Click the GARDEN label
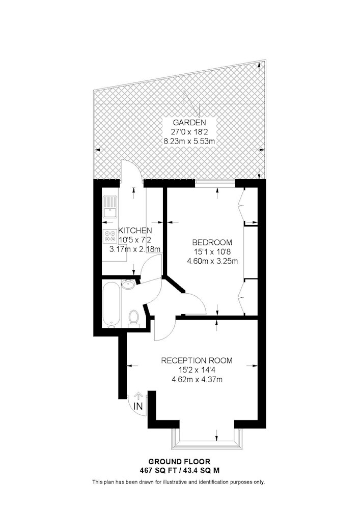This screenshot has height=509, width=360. pos(189,123)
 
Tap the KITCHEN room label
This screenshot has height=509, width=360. pos(135,231)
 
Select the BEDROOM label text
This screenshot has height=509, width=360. pos(212,242)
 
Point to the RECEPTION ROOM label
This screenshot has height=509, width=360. pos(197,360)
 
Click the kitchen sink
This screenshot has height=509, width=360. pos(110,207)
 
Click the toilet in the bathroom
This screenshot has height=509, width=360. pos(133,318)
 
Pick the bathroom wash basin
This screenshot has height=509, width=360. pos(129,285)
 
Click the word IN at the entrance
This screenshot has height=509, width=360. pos(139,406)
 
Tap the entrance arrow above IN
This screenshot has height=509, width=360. pos(139,395)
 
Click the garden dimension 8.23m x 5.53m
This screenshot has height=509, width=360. pos(189,142)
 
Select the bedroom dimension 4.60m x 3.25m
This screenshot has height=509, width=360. pos(212,261)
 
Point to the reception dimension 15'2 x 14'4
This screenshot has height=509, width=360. pos(197,370)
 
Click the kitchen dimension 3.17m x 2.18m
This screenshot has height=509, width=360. pos(135,249)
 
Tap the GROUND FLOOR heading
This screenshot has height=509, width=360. pos(180,462)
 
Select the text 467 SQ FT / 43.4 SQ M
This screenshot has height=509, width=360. pos(180,470)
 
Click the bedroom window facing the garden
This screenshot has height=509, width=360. pos(215,183)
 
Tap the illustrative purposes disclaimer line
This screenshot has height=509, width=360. pos(179,482)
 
